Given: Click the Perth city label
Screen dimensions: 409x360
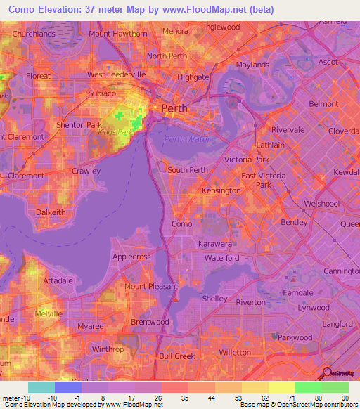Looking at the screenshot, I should coord(175,108).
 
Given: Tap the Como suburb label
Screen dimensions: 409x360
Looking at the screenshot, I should coord(181,224).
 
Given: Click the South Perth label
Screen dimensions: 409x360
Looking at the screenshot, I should coord(187,170).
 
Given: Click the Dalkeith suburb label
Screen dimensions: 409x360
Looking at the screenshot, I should coord(51,211).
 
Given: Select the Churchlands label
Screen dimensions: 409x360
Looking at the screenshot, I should coord(34,33).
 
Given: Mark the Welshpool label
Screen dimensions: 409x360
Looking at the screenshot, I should coord(323,204).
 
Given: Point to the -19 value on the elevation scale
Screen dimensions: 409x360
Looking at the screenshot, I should coord(21,397).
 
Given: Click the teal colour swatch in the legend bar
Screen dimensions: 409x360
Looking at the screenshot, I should coord(41,387).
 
